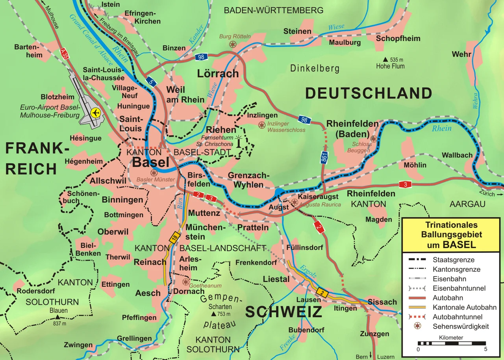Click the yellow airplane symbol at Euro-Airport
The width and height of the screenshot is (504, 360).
click(x=95, y=113)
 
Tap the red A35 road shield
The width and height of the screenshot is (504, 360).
click(x=64, y=54)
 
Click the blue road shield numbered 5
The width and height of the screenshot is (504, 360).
click(x=150, y=82)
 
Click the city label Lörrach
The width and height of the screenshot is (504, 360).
click(x=218, y=73)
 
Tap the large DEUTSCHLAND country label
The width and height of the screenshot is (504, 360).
click(x=369, y=93)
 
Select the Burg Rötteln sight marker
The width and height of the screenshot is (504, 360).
click(x=233, y=44)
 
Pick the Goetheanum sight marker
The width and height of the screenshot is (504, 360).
click(x=185, y=282)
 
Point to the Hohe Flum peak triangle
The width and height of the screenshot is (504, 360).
click(x=387, y=60)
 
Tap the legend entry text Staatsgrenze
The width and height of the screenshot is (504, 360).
click(x=453, y=260)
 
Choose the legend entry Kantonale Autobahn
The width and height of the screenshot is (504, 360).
click(x=464, y=307)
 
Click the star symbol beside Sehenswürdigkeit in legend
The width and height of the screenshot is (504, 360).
click(x=417, y=326)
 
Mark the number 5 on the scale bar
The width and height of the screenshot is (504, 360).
click(x=485, y=349)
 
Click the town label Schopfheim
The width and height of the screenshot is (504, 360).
click(x=398, y=39)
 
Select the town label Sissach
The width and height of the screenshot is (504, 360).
click(x=382, y=302)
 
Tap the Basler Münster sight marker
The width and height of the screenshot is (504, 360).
click(x=154, y=173)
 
